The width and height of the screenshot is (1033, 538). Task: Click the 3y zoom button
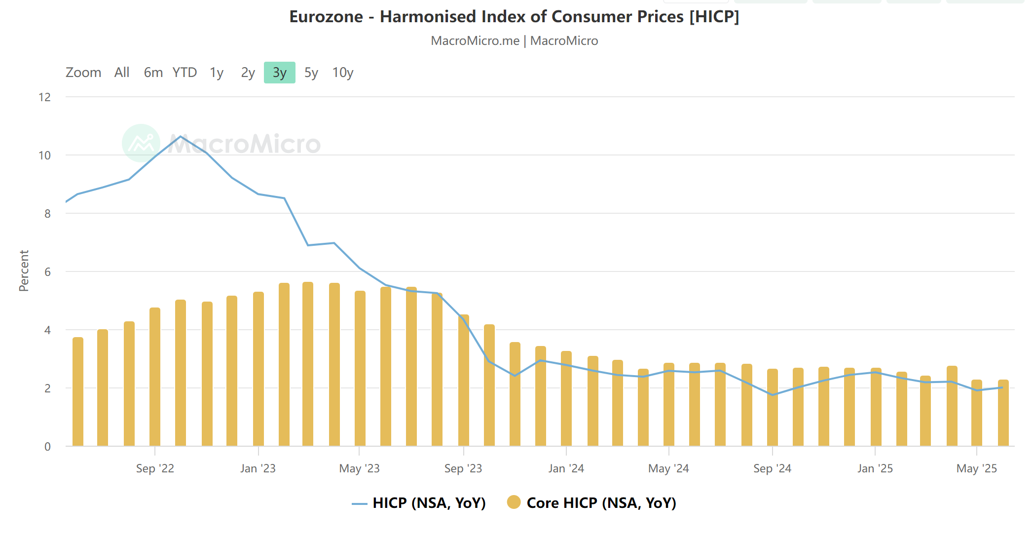tap(279, 73)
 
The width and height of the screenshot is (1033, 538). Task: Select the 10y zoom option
tap(342, 73)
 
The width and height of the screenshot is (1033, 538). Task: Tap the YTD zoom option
tap(184, 73)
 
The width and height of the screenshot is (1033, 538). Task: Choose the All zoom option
tap(122, 73)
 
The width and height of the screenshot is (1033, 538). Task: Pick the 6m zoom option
tap(153, 73)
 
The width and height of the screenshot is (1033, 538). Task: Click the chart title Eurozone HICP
tap(514, 17)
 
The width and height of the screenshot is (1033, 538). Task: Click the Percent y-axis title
tap(24, 270)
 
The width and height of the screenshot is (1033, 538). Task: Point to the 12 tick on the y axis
tap(45, 97)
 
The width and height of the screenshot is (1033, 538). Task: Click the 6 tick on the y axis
tap(47, 272)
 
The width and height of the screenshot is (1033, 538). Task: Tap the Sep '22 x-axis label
tap(155, 468)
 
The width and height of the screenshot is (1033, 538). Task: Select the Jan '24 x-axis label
tap(566, 468)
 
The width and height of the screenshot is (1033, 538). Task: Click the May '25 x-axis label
tap(976, 468)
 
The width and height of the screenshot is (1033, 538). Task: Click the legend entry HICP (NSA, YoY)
tap(419, 503)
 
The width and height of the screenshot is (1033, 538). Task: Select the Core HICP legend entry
tap(592, 503)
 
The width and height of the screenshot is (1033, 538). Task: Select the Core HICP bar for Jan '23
tap(258, 370)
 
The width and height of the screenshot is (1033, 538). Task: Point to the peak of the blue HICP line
tap(181, 136)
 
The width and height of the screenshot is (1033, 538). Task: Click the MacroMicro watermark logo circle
tap(141, 143)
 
